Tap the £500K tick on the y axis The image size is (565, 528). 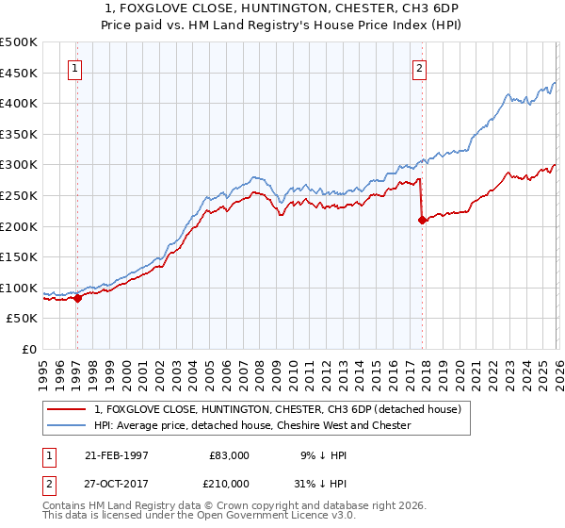(19, 42)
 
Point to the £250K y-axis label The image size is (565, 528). (19, 195)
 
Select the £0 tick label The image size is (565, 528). (29, 349)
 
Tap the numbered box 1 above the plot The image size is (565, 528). (74, 68)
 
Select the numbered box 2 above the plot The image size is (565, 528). (419, 68)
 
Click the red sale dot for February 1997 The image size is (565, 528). (78, 298)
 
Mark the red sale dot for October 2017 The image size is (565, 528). (422, 220)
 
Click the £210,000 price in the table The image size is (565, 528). (229, 483)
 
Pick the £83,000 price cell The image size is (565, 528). (229, 454)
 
